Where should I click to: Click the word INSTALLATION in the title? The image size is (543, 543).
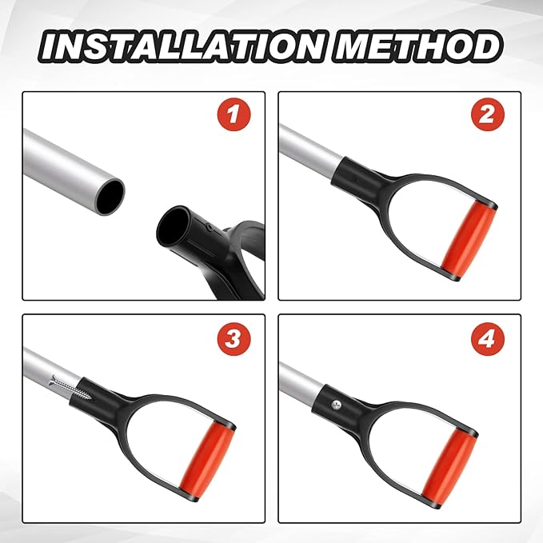pos(184,46)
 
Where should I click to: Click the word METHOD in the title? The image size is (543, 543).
pos(417,46)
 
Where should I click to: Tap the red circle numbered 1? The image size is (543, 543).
pos(234,114)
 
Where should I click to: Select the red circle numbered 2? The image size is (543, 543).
pos(488,114)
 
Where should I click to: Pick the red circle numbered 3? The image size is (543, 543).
pos(234,338)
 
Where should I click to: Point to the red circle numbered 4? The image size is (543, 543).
pos(488,338)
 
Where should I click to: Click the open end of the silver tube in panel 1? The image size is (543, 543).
pos(110,198)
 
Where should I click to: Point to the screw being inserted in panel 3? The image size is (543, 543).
pos(72,388)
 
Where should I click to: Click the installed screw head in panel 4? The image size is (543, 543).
pos(336,404)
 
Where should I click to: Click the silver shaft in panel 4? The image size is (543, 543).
pos(300,380)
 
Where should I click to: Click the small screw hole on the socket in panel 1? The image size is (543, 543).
pos(209,227)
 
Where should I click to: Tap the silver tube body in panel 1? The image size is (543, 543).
pos(66,168)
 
